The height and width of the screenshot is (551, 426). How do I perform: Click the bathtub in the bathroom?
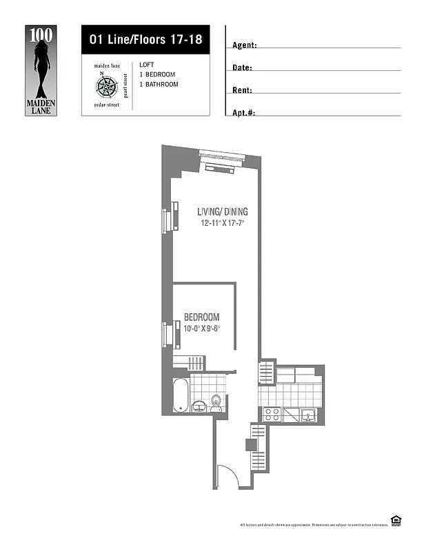(181, 395)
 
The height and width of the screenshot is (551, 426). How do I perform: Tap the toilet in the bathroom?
(216, 402)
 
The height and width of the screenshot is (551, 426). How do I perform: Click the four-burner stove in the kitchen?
(272, 415)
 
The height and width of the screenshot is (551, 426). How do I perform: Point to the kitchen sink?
(308, 415)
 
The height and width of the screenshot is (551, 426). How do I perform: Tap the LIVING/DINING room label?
(222, 211)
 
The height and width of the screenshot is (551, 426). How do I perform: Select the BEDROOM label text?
(201, 317)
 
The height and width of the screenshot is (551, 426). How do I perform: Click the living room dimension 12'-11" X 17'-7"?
(222, 224)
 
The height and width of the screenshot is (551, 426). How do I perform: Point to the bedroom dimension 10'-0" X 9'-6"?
(201, 329)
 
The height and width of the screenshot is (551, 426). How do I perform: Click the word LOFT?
(146, 64)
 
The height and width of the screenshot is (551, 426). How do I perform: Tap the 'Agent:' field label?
(245, 45)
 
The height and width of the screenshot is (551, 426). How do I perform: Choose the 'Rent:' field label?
(243, 90)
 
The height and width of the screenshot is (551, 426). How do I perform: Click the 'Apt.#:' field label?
(245, 112)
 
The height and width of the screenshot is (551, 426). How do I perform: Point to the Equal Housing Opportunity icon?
(396, 521)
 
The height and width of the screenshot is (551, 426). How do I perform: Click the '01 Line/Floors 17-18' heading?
(145, 40)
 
